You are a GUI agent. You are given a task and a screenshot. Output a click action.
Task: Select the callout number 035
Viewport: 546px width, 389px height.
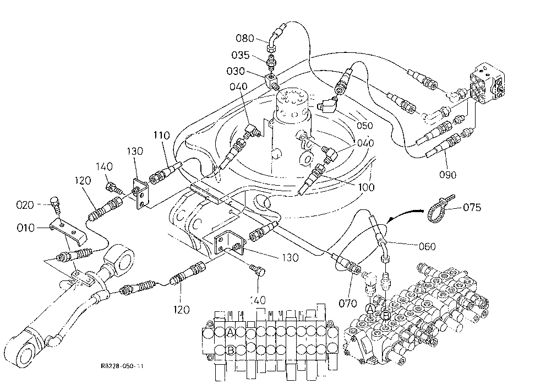coord(241,55)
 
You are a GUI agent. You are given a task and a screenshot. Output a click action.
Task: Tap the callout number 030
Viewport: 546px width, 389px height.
coord(236,71)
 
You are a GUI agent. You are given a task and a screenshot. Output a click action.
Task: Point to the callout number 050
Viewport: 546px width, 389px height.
coord(364,126)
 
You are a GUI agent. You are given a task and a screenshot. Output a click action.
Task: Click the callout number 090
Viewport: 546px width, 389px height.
coord(447,174)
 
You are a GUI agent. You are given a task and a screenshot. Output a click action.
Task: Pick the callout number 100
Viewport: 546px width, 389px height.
coord(366,187)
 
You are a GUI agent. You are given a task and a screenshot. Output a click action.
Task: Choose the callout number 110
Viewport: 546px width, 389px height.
coord(162,135)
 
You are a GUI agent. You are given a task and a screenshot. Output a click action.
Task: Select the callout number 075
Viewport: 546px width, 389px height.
coord(472,207)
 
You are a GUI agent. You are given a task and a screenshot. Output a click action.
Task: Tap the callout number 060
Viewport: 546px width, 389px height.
coord(427,246)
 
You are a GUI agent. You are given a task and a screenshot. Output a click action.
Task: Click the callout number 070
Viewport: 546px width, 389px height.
coord(348,303)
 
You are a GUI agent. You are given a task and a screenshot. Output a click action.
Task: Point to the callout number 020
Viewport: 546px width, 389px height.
coord(25,204)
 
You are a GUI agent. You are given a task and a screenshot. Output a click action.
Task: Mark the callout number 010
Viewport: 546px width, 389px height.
coord(26,228)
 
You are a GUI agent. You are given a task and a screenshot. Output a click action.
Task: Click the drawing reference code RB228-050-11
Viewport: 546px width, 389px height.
coord(122,366)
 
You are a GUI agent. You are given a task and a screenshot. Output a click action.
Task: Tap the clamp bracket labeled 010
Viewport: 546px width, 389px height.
coord(68,230)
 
